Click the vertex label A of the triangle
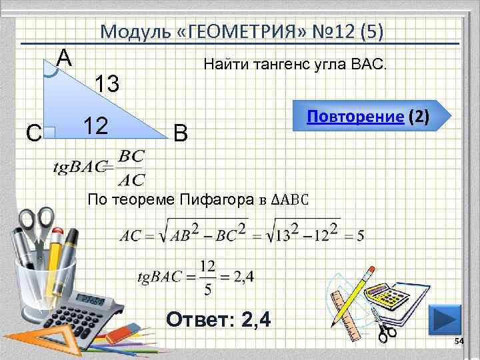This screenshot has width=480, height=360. (x=64, y=58)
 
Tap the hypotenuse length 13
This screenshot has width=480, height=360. (x=107, y=84)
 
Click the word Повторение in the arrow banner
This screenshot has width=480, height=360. (x=355, y=117)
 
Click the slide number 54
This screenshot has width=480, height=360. (x=458, y=342)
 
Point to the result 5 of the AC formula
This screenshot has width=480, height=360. (x=360, y=236)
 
